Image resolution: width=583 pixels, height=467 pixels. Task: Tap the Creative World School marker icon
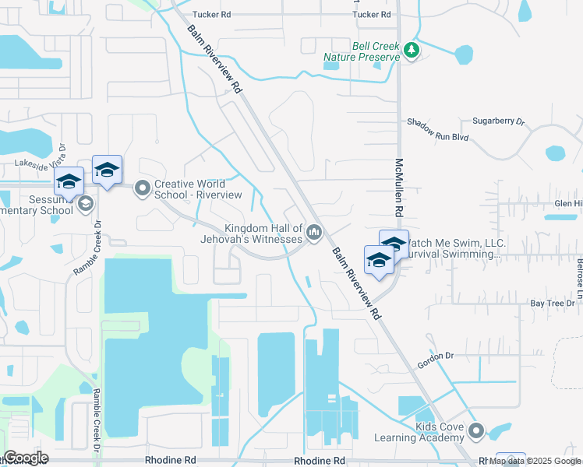click(x=142, y=188)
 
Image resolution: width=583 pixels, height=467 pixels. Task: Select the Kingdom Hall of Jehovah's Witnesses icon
click(x=314, y=232)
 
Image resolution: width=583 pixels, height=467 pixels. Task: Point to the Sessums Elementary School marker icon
click(x=85, y=204)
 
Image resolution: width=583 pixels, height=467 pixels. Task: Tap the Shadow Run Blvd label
click(x=437, y=136)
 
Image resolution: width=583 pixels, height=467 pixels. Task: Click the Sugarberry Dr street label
click(x=499, y=122)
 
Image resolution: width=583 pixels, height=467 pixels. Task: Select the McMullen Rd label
click(x=399, y=188)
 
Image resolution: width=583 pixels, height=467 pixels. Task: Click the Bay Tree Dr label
click(x=531, y=303)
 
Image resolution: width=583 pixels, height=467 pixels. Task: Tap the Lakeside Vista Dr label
click(x=44, y=163)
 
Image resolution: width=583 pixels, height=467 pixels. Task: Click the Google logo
click(x=25, y=458)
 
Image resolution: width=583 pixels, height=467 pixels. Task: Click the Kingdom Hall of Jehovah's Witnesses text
click(x=263, y=233)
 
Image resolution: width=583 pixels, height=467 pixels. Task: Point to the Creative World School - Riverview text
click(x=198, y=188)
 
